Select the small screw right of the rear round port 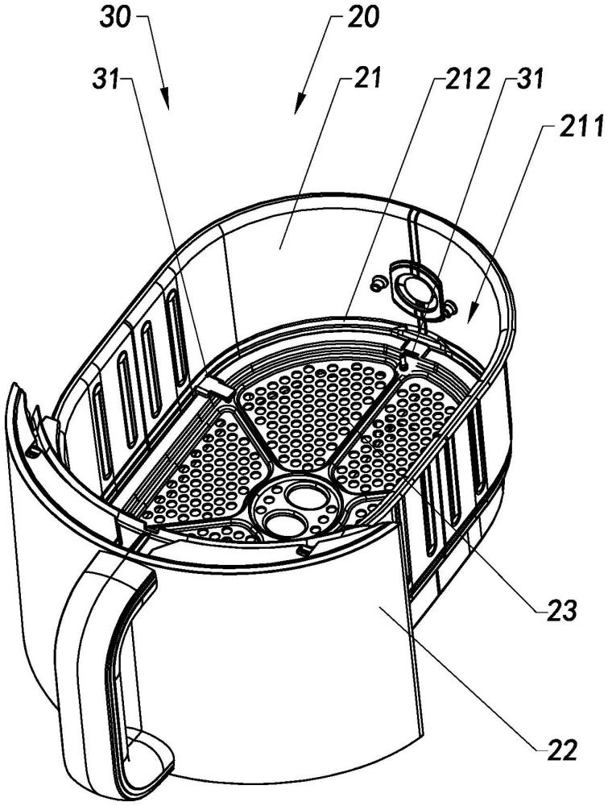pos(450,307)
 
